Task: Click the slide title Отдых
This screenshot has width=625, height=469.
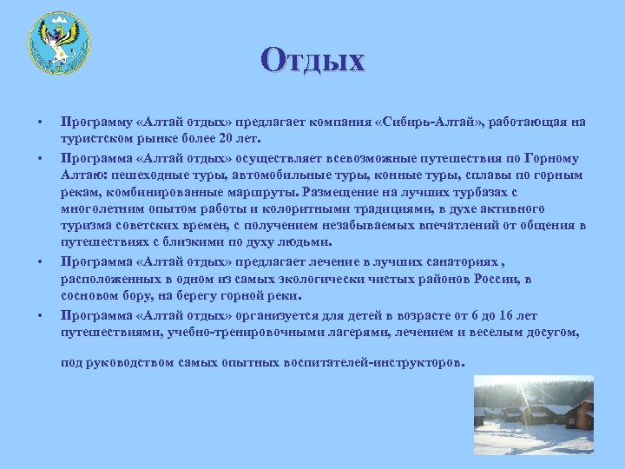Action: (x=312, y=60)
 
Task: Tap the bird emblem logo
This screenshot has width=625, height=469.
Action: (x=58, y=43)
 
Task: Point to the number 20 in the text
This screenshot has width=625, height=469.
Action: (x=226, y=138)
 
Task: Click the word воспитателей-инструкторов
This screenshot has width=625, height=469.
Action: (x=377, y=362)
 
